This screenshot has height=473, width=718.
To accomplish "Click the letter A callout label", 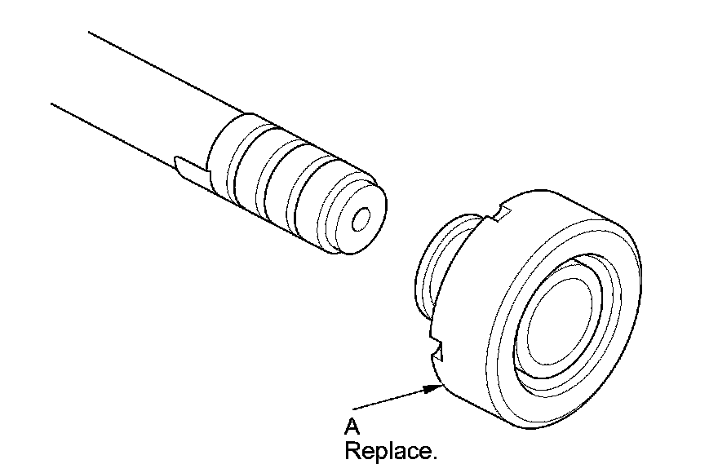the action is point(352,426).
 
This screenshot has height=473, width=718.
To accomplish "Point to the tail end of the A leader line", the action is point(354,407).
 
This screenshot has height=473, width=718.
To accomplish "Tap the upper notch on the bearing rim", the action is point(500,214).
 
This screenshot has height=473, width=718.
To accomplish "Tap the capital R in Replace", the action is point(352,450).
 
